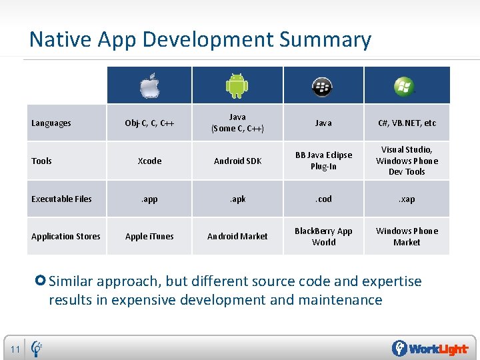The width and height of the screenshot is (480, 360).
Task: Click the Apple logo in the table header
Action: tap(149, 86)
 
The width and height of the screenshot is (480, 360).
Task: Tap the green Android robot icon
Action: tap(237, 85)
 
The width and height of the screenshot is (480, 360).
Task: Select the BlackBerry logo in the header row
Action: tap(323, 86)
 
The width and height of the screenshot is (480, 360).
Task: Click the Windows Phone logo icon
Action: tap(404, 86)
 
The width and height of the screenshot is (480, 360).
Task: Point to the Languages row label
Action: tap(51, 123)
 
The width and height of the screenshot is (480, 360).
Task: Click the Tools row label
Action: tap(41, 161)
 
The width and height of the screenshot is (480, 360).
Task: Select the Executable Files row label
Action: tap(61, 199)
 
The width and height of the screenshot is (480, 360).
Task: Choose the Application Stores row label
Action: tap(66, 236)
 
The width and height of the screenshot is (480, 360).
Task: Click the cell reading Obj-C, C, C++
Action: tap(149, 123)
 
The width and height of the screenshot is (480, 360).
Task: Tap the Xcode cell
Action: tap(149, 161)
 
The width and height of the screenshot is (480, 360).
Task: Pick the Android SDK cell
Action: tap(237, 161)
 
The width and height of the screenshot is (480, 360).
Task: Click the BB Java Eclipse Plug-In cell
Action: tap(323, 161)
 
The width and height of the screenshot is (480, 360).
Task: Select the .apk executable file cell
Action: tap(237, 199)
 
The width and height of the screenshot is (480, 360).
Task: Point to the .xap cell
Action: tap(407, 199)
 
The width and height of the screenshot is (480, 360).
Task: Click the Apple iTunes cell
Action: tap(149, 236)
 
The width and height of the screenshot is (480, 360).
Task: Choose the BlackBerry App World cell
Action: tap(323, 236)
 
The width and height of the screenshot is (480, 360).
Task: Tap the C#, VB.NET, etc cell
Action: tap(407, 123)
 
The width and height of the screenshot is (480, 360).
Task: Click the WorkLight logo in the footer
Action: tap(429, 349)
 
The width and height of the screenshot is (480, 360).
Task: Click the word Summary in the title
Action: tap(325, 40)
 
